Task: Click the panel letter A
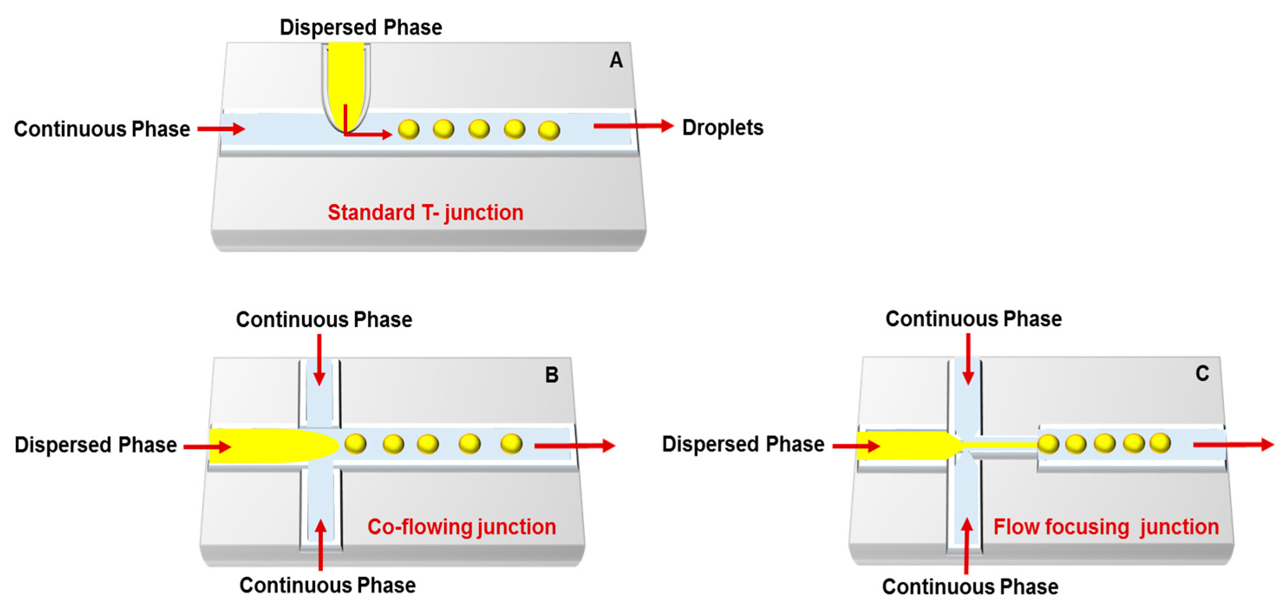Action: point(616,60)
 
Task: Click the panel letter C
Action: point(1202,373)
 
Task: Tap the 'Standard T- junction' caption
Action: point(425,213)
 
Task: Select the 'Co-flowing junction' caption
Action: point(461,527)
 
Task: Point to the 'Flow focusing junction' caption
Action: point(1106,527)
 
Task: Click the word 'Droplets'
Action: point(722,127)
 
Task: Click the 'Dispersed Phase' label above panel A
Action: point(361,27)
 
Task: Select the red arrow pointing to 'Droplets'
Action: point(633,126)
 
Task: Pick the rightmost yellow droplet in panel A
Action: point(549,130)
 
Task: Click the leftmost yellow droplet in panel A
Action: point(408,130)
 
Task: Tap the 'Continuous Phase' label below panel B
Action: point(327,585)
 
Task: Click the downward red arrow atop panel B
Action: point(319,360)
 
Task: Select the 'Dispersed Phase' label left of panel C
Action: point(742,444)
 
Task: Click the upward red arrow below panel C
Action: point(967,545)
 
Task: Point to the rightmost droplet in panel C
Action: point(1160,443)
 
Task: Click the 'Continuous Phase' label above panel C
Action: point(973,319)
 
